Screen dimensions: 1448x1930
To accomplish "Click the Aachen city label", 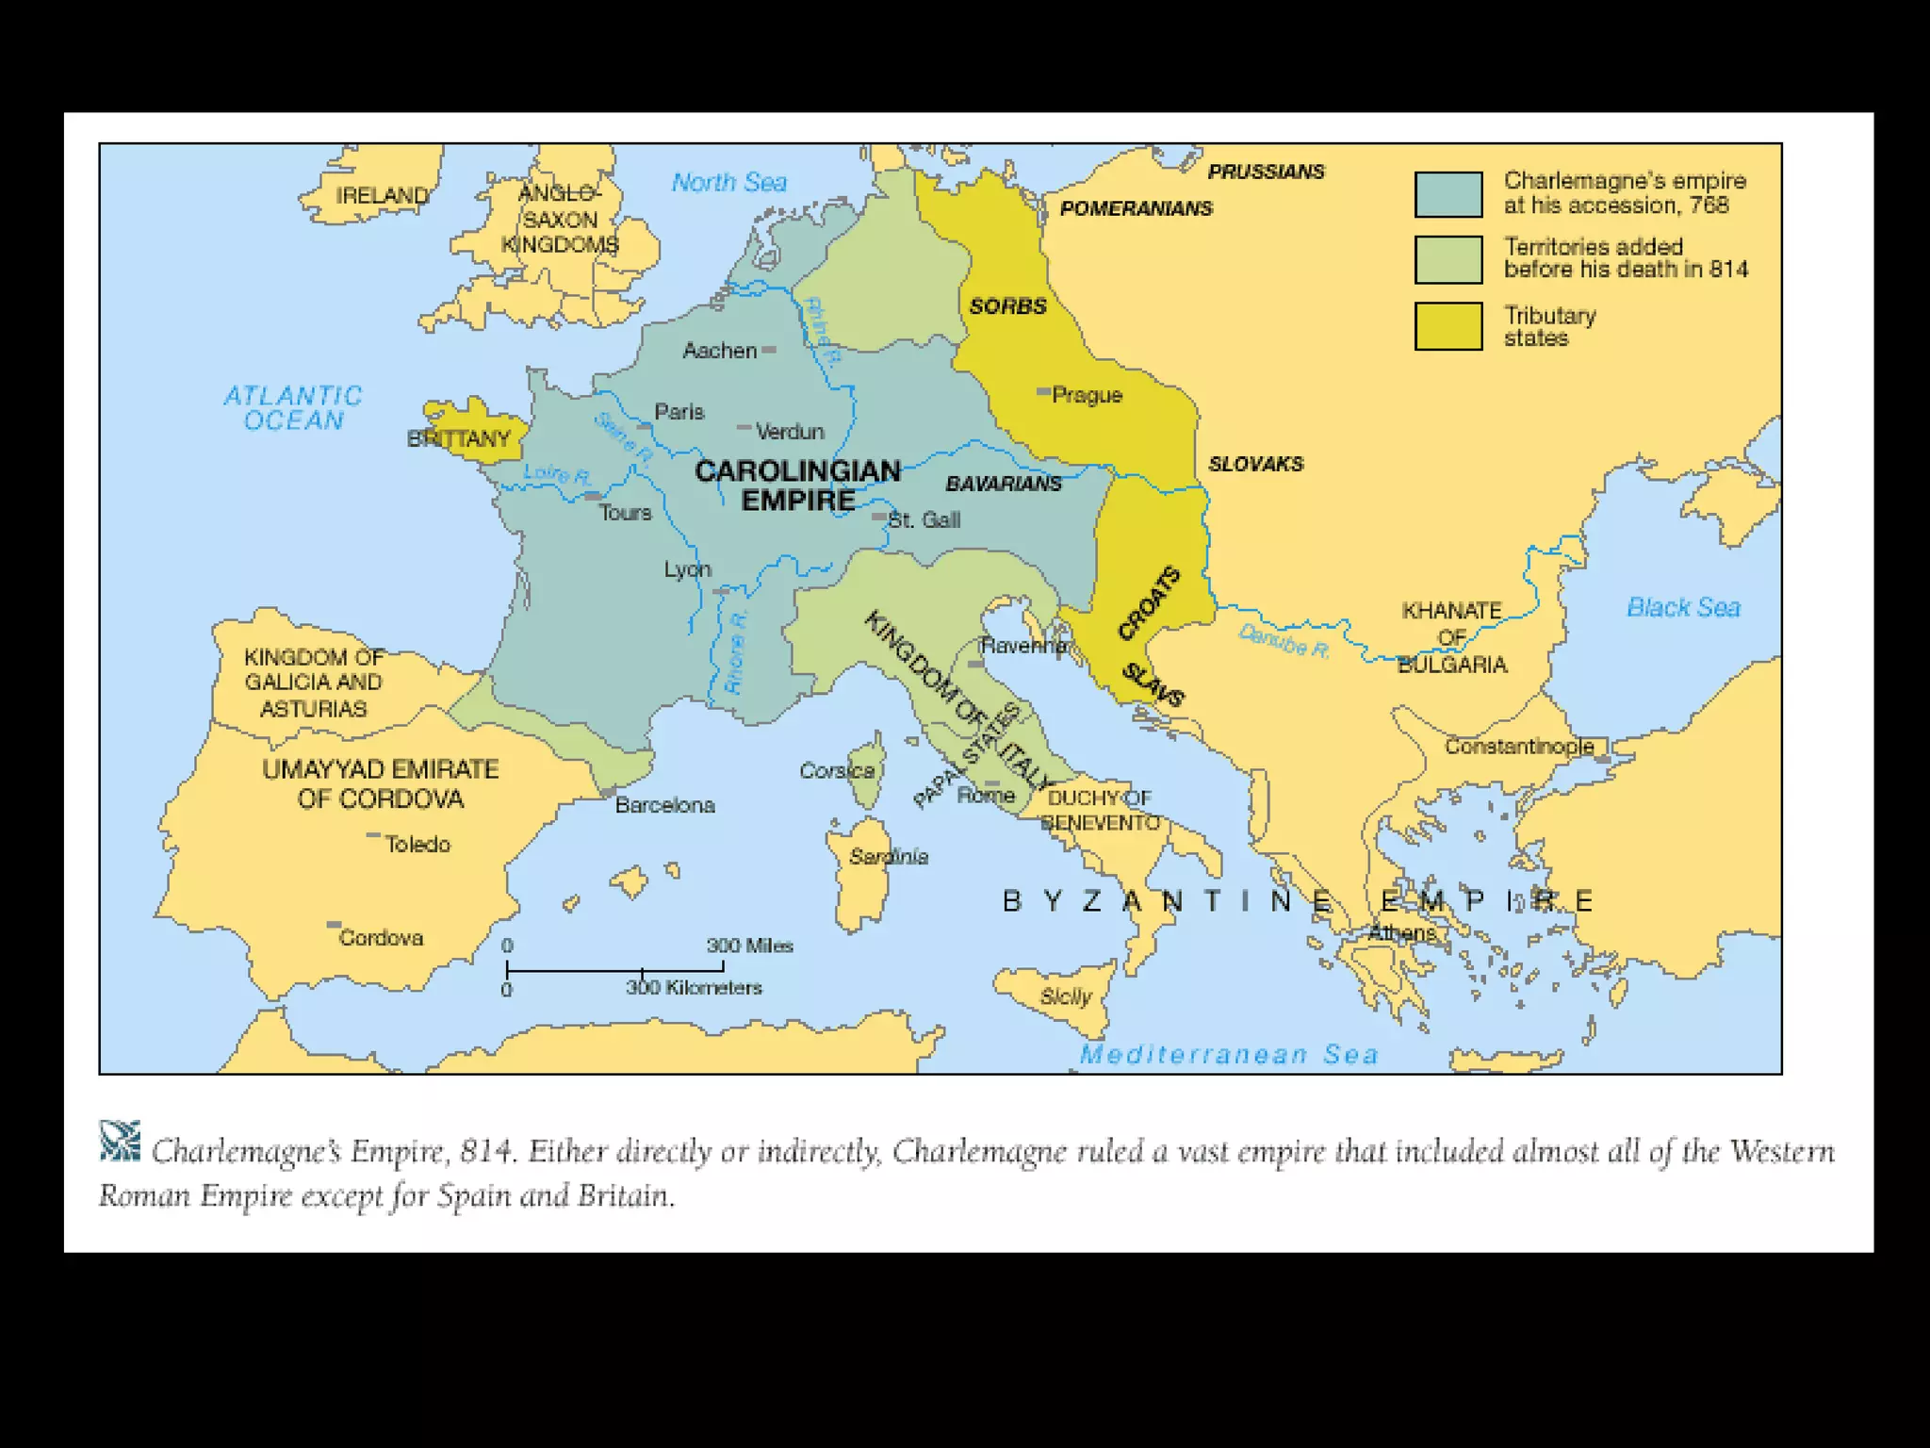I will (720, 351).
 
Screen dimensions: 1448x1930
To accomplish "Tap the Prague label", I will (1087, 395).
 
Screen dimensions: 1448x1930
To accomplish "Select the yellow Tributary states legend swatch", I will (1448, 326).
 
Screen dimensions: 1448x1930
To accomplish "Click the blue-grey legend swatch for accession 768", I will (1448, 194).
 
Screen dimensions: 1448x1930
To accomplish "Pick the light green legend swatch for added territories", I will (1448, 259).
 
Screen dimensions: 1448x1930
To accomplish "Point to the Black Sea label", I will (1683, 608).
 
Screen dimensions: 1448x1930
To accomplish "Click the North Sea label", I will (728, 182).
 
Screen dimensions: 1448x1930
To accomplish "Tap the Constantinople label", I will (1519, 747).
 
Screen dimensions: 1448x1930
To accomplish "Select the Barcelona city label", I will (665, 805).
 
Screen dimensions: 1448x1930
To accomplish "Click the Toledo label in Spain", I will (417, 845).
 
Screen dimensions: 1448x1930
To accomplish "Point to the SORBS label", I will (1007, 306).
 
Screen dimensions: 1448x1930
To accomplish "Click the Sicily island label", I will (1066, 996).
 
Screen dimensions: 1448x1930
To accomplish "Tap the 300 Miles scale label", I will (750, 946).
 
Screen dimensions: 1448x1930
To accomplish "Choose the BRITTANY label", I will (458, 438).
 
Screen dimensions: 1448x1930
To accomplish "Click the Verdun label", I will (790, 432).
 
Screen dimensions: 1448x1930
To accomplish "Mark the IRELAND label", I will (382, 195).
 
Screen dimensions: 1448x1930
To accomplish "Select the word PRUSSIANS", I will (1266, 172).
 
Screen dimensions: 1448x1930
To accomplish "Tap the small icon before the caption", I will (120, 1141).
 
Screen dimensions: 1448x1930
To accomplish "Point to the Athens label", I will (1402, 933).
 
